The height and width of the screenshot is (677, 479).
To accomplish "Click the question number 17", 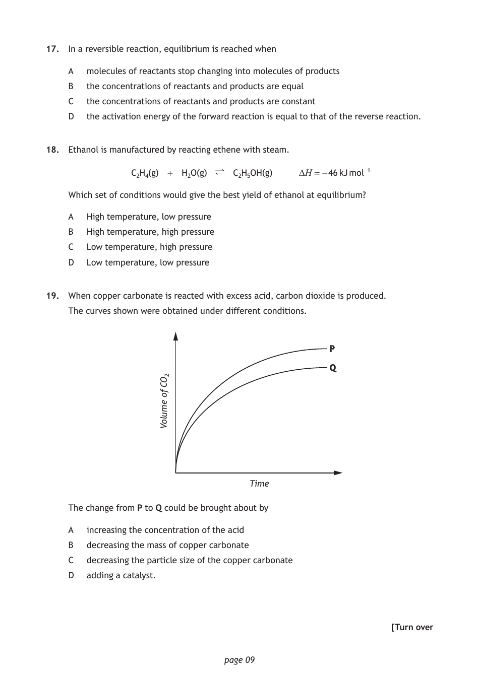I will click(53, 49).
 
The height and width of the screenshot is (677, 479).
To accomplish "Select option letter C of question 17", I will click(71, 101).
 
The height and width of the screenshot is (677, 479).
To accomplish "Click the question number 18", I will click(53, 150).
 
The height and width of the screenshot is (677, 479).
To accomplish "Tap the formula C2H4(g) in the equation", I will click(145, 173).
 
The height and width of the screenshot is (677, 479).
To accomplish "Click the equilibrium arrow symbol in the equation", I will click(220, 173).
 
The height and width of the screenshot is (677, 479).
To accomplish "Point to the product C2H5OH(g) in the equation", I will click(253, 173).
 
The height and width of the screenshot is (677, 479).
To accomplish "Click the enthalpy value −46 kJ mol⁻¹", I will click(348, 173).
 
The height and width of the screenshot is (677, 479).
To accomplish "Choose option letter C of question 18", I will click(71, 247).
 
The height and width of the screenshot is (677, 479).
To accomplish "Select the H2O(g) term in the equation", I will click(194, 173).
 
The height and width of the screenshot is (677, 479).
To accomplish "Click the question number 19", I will click(53, 296).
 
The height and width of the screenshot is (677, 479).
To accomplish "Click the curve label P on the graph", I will click(332, 348).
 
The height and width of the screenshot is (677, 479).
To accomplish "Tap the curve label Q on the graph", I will click(333, 368).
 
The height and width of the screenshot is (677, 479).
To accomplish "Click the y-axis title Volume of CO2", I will click(164, 401).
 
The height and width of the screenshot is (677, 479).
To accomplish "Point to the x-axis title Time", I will click(259, 484).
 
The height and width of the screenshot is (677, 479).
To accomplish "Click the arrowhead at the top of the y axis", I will click(175, 336).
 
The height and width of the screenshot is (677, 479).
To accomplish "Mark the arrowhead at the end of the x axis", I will click(338, 472).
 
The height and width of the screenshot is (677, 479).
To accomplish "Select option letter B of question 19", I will click(71, 545).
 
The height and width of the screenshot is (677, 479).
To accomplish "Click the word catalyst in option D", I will click(138, 575).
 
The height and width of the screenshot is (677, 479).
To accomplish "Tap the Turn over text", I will click(412, 627).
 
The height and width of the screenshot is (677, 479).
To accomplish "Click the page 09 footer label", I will click(239, 660).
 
